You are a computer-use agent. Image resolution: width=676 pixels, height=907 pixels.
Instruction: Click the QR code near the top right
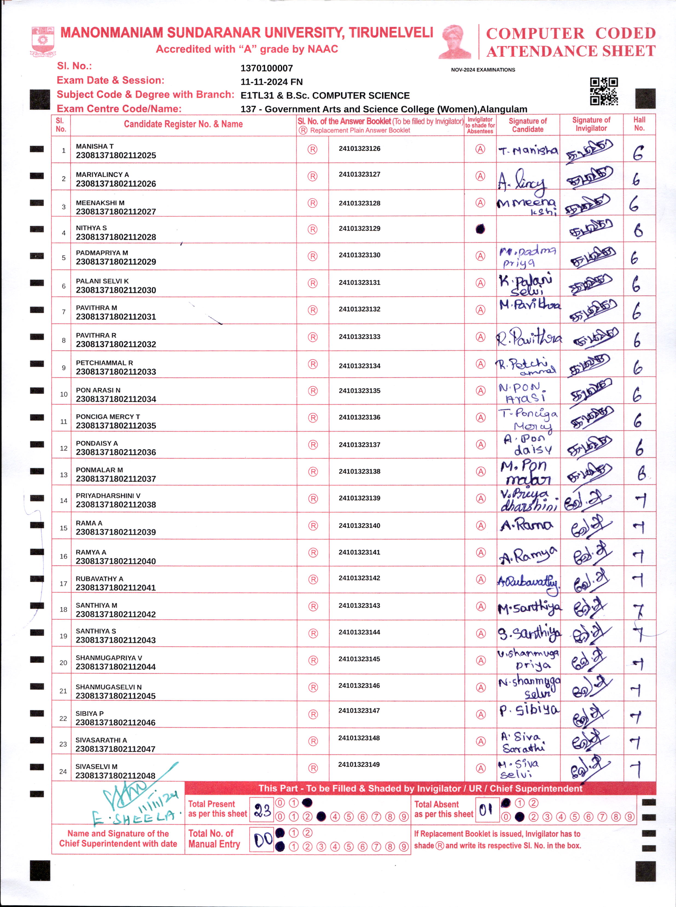[604, 91]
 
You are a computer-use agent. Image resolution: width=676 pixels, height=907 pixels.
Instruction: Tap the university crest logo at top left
[43, 41]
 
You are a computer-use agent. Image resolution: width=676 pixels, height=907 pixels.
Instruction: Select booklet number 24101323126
[359, 149]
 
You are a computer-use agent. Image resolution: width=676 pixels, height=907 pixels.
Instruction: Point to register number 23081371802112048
[115, 776]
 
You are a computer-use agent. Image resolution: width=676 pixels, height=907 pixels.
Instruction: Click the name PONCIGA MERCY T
[108, 417]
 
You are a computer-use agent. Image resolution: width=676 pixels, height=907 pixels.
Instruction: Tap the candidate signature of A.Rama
[527, 525]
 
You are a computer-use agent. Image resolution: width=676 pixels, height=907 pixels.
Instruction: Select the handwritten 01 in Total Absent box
[486, 810]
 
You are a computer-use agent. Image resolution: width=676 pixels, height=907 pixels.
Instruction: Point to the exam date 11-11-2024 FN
[271, 82]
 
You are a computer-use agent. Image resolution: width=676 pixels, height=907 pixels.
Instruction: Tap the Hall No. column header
[639, 124]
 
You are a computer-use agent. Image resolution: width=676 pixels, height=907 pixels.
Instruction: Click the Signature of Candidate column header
[528, 125]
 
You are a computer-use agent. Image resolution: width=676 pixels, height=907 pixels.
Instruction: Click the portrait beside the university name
[455, 41]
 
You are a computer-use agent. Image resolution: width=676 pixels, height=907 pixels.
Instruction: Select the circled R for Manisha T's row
[312, 149]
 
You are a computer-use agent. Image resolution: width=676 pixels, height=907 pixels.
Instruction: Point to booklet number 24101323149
[359, 764]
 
